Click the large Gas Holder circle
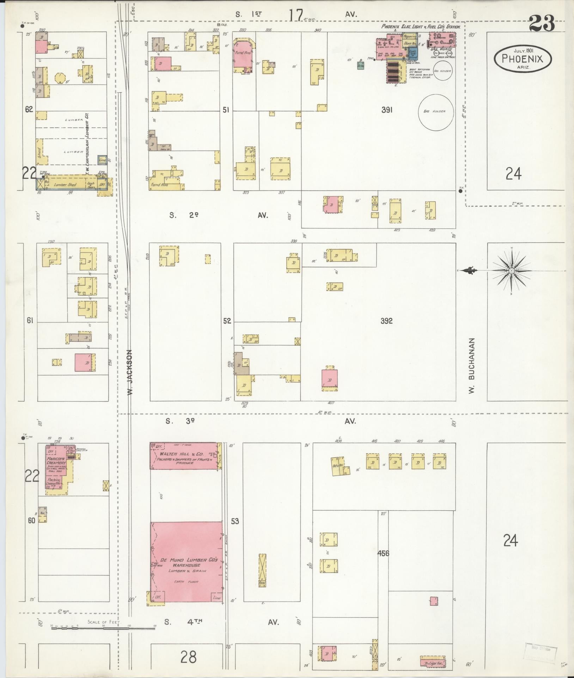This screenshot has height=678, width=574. (x=436, y=112)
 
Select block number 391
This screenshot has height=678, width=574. (x=386, y=110)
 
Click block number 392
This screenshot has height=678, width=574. (x=386, y=321)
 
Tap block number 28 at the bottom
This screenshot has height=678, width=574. (x=188, y=658)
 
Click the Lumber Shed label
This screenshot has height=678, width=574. (x=65, y=185)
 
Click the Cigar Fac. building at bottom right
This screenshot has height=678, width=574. (x=433, y=663)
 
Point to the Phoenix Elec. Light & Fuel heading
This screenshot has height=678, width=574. (x=421, y=26)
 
